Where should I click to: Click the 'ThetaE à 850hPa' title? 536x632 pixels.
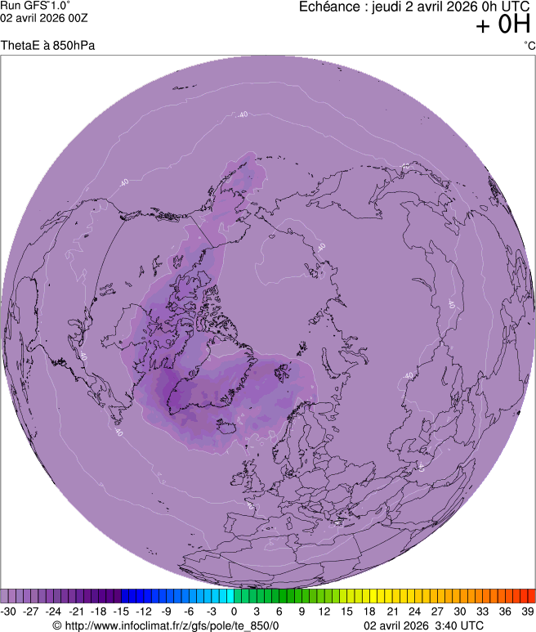[48, 45]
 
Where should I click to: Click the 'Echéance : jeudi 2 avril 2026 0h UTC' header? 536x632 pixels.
[415, 7]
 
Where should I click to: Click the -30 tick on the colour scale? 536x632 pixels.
[9, 611]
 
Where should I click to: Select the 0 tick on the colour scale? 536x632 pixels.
[234, 611]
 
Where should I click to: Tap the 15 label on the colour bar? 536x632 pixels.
[347, 611]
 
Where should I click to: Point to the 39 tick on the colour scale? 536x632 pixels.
[527, 611]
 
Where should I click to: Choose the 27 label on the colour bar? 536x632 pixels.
[437, 611]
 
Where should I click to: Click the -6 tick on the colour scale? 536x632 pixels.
[190, 611]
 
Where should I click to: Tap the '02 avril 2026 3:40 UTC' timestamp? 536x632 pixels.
[424, 625]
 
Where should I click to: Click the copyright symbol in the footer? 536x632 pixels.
[56, 625]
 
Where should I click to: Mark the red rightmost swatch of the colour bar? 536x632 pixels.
[531, 596]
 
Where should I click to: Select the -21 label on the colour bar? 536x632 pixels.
[77, 611]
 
